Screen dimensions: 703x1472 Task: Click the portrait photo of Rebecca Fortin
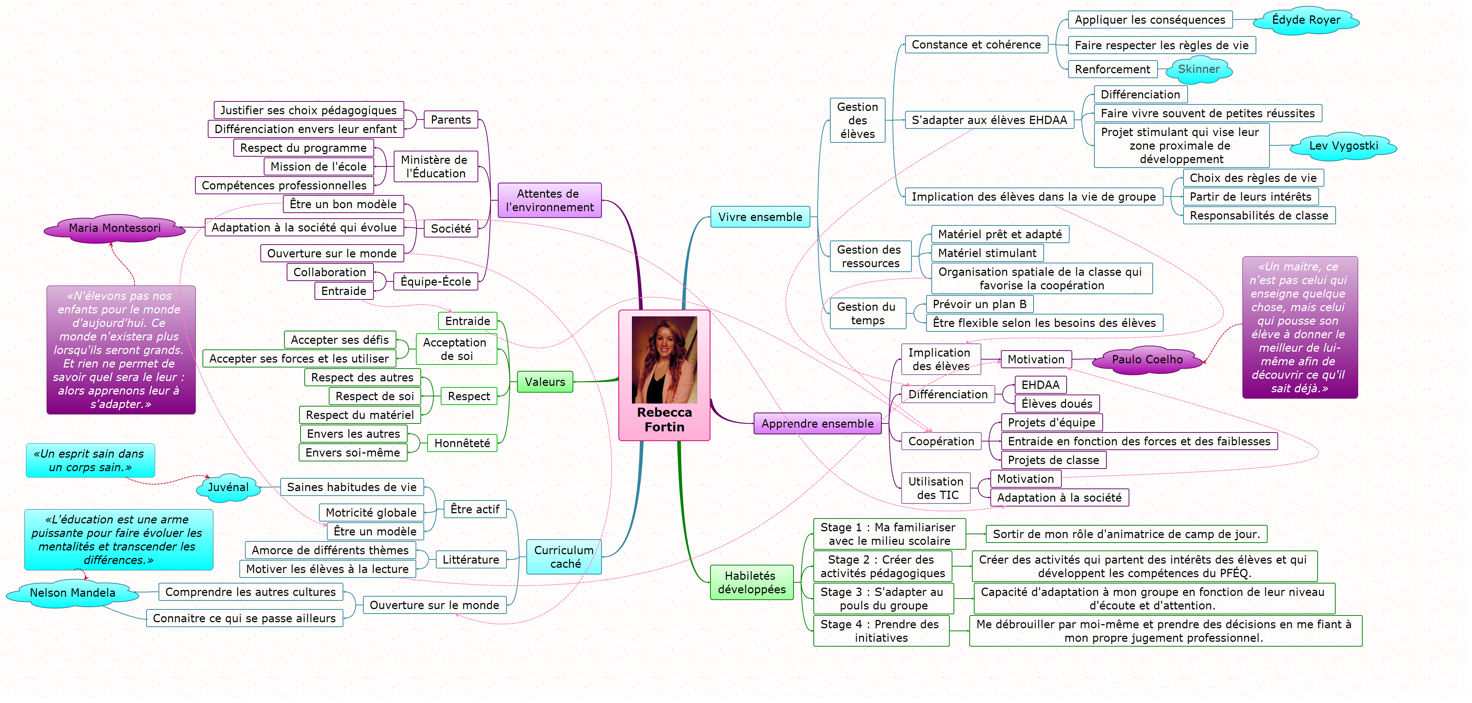click(x=664, y=360)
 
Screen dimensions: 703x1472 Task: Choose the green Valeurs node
click(x=544, y=382)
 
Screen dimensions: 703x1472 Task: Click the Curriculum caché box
click(x=564, y=557)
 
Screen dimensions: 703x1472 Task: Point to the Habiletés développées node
click(x=751, y=582)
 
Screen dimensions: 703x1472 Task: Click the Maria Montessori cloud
click(x=114, y=228)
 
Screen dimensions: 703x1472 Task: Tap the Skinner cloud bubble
click(x=1198, y=69)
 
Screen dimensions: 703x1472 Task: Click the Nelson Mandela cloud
click(x=73, y=593)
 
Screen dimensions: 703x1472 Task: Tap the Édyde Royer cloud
click(x=1305, y=20)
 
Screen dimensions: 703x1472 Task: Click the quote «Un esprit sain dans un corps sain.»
click(x=90, y=461)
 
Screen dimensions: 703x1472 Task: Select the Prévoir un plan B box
click(x=979, y=304)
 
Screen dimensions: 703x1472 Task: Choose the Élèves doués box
click(x=1056, y=404)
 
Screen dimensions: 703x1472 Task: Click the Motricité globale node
click(x=371, y=513)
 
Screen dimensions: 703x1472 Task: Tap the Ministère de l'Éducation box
click(x=435, y=166)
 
